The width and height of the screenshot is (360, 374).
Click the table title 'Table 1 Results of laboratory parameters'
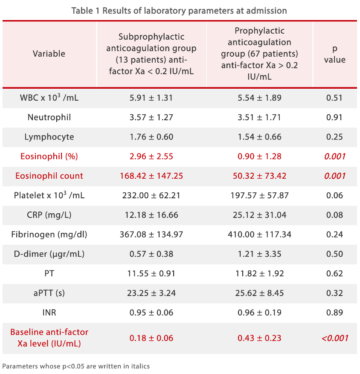(x=179, y=11)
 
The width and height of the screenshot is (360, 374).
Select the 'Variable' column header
(x=49, y=54)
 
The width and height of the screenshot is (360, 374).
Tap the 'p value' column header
(x=334, y=54)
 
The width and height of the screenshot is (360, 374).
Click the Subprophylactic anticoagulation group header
(x=151, y=54)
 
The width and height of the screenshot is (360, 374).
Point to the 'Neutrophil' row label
(x=49, y=117)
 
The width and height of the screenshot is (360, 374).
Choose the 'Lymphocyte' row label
(x=49, y=137)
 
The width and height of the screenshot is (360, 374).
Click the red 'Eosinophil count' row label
(x=49, y=176)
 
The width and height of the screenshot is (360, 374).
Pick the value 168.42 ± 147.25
(x=151, y=176)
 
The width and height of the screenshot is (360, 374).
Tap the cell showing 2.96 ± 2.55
(x=151, y=157)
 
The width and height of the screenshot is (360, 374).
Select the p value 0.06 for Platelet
(x=334, y=195)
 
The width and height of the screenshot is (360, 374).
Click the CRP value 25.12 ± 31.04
(x=259, y=215)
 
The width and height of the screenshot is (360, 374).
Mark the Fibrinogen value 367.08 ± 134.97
(x=151, y=234)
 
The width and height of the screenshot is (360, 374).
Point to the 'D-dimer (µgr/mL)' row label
(x=49, y=254)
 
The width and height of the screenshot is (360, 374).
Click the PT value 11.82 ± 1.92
(x=259, y=273)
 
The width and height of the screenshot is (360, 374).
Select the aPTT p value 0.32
(x=334, y=293)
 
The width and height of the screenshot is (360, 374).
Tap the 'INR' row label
(x=49, y=313)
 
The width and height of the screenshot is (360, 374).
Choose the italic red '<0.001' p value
(x=334, y=338)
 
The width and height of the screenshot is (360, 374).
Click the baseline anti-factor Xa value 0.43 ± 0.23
(x=259, y=338)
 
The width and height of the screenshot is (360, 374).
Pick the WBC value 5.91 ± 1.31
(x=151, y=98)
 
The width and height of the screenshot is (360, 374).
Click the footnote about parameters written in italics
(x=76, y=366)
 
